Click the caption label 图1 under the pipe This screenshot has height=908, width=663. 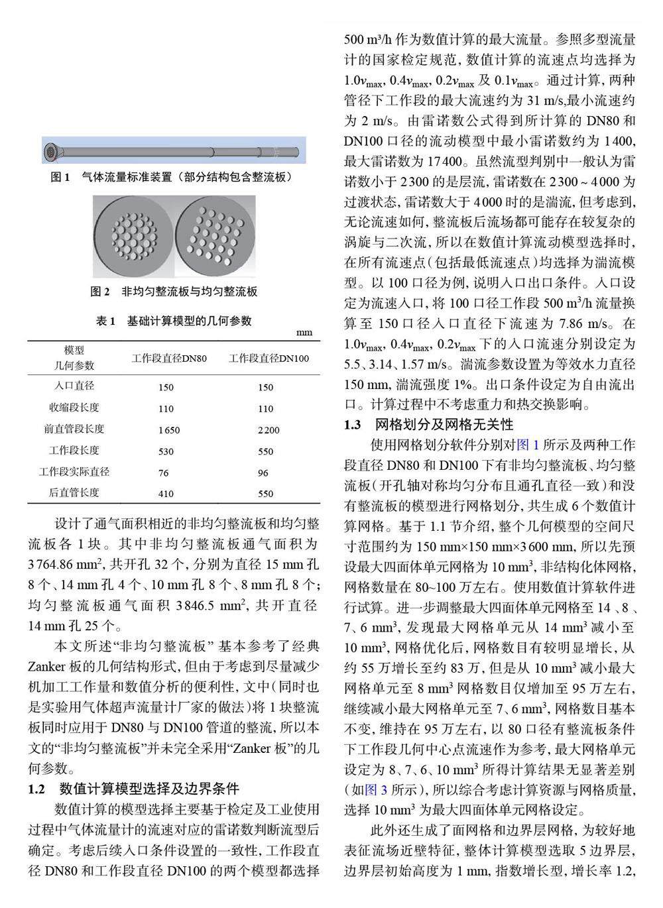60,177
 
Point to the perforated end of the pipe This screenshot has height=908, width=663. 52,152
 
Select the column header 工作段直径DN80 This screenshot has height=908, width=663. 169,359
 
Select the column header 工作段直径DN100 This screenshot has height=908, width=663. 269,359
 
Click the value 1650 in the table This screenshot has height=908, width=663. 169,430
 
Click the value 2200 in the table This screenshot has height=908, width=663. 269,430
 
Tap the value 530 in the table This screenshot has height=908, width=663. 166,451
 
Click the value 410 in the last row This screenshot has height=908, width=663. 166,494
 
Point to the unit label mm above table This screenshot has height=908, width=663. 304,332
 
